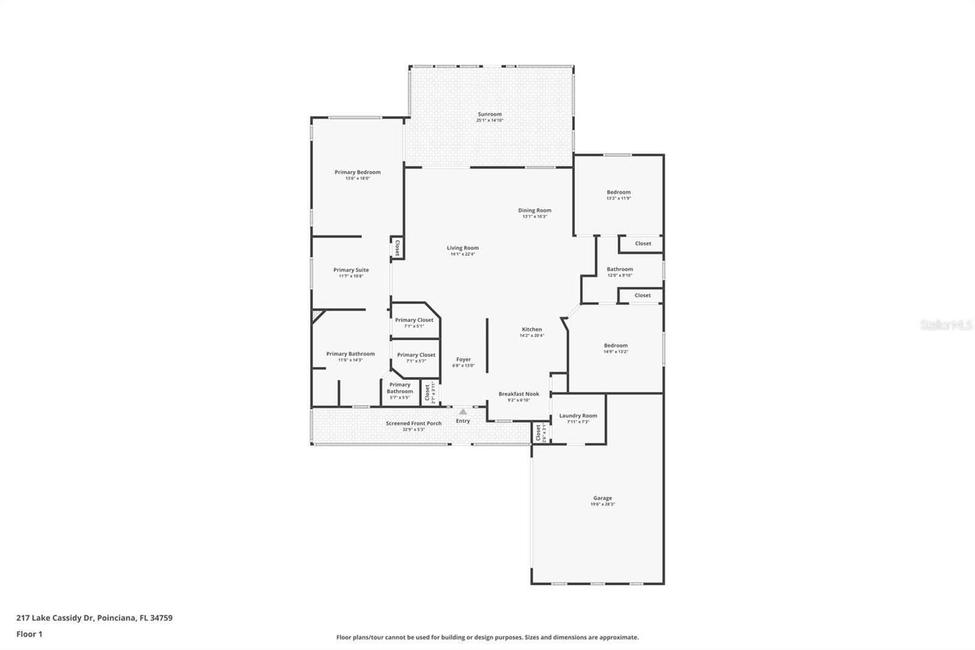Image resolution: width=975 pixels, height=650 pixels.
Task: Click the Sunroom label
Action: coord(489,114)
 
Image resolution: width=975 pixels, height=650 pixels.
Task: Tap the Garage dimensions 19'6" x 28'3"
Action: coord(602,504)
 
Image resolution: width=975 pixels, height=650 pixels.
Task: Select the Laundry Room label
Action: coord(578,416)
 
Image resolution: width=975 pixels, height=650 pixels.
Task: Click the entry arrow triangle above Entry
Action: coord(463,412)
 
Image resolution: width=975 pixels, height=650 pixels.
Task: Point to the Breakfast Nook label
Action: coord(519,394)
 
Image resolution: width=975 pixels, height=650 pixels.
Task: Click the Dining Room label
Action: coord(534,210)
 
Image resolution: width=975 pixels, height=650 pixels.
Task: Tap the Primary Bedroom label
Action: coord(357,172)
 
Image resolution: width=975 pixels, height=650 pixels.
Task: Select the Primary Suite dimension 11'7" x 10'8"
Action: coord(351,276)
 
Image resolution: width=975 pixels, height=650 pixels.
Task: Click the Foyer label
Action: coord(463,360)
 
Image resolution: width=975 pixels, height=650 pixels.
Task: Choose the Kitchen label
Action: coord(531,329)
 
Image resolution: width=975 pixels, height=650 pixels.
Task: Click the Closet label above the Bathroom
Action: coord(643,243)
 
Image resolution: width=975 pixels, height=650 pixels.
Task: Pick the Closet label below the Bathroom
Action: coord(642,295)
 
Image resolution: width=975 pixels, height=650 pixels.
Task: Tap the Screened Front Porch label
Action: coord(413,423)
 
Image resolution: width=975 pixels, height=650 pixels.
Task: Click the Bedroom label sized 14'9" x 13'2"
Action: coord(615,345)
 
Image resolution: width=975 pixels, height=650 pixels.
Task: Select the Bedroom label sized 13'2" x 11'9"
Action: coord(618,192)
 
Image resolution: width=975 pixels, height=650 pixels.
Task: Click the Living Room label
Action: coord(463,248)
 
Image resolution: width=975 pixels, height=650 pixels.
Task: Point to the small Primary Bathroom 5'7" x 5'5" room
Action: coord(400,391)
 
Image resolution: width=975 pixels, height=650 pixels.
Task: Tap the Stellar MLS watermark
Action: coord(946,325)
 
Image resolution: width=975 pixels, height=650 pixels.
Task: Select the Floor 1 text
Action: coord(29,634)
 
